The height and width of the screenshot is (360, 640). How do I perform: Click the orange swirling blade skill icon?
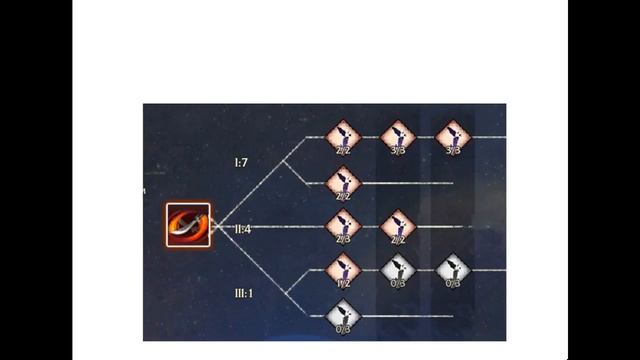(189, 226)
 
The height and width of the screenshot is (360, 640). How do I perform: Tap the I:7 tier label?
(242, 161)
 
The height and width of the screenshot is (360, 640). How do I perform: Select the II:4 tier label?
(241, 229)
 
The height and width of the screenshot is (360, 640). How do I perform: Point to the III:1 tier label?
(243, 293)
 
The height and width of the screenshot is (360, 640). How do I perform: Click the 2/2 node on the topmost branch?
(343, 137)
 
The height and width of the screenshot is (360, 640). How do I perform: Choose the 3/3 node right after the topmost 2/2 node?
(398, 137)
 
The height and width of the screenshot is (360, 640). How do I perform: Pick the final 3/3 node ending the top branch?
(453, 137)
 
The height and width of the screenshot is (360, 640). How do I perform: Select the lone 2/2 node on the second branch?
(343, 182)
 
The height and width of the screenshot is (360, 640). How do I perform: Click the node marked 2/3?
(343, 226)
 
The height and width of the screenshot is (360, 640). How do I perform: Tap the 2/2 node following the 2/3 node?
(398, 226)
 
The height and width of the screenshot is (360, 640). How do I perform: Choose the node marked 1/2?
(343, 269)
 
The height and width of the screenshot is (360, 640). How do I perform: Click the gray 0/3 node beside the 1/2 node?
(398, 269)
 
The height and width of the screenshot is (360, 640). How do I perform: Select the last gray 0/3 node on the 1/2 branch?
(453, 269)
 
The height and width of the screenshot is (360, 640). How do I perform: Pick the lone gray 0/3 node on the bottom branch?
(343, 315)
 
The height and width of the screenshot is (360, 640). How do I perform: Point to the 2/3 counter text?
(343, 239)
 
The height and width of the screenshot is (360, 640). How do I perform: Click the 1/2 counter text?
(343, 282)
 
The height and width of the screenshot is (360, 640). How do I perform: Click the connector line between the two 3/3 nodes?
(425, 137)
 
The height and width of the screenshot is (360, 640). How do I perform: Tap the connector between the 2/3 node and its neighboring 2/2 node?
(370, 226)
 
